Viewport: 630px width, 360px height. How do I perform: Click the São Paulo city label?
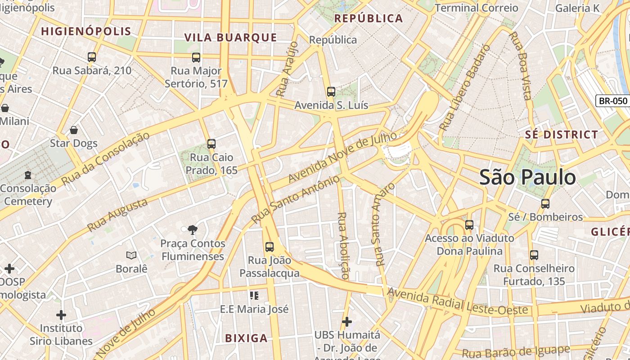tap(527, 177)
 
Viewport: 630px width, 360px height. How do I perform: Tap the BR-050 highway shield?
tap(612, 101)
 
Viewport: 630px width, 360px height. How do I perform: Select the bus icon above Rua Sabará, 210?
tap(92, 57)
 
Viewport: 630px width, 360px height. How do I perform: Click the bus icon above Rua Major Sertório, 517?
tap(196, 58)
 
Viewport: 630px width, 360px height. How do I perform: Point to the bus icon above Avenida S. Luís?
tap(331, 92)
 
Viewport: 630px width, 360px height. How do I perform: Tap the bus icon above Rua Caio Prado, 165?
tap(211, 144)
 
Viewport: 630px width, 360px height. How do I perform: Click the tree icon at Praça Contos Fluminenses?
tap(193, 230)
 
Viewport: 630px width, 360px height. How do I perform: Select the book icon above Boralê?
tap(131, 256)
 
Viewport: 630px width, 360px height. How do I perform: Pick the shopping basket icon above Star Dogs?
tap(74, 130)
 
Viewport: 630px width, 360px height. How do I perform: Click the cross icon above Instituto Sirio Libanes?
tap(61, 315)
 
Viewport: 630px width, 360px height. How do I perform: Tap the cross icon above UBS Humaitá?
tap(346, 322)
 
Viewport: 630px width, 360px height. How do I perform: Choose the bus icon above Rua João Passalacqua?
tap(270, 247)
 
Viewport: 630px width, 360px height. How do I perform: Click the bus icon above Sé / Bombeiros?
tap(545, 203)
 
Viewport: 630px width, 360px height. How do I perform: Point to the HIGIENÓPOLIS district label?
tap(86, 31)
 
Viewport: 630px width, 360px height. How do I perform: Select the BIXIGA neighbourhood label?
tap(246, 338)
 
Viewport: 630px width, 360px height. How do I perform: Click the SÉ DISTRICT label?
tap(562, 135)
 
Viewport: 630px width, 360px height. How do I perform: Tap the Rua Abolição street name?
tap(343, 245)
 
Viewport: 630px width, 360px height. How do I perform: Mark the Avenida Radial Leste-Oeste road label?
tap(457, 302)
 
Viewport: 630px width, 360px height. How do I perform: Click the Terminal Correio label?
tap(477, 8)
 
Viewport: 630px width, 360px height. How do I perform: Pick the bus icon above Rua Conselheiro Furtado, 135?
tap(534, 255)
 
